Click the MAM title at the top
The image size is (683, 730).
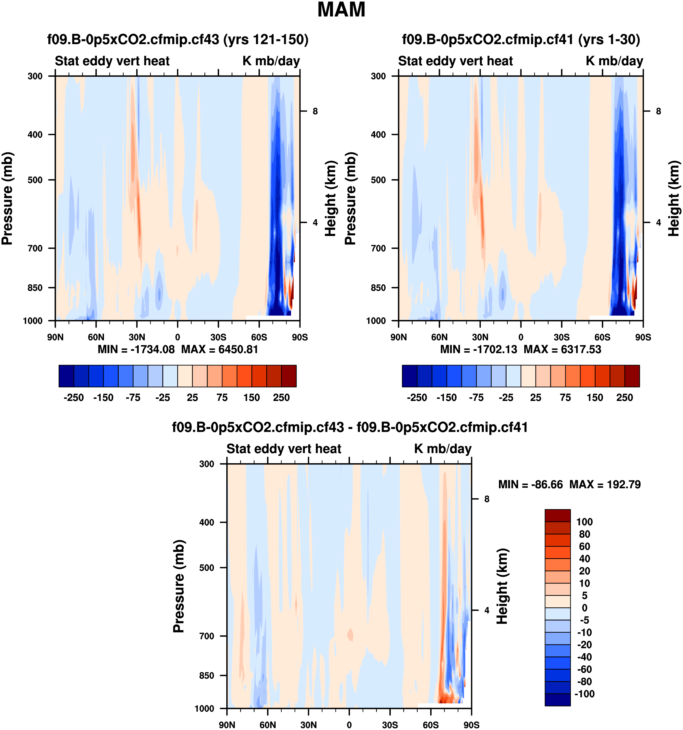coord(341,10)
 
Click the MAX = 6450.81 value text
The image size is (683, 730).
coord(220,349)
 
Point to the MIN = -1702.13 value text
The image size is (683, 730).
coord(478,349)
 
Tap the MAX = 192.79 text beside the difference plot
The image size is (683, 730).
coord(605,484)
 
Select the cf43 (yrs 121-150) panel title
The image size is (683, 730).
coord(178,39)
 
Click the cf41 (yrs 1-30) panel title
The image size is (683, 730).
coord(521,39)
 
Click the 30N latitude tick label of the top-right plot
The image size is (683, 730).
coord(480,337)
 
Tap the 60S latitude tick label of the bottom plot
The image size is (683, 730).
coord(430,725)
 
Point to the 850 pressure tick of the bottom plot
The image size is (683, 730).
coord(206,675)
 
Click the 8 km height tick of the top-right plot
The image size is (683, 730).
coord(659,111)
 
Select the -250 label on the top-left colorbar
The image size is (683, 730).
coord(73,398)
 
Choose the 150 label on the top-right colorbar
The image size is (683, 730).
coord(595,398)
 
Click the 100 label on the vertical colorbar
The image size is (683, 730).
coord(584,522)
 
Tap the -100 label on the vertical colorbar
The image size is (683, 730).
coord(584,694)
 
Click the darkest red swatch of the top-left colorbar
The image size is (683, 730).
coord(289,376)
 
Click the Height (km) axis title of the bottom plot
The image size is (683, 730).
coord(502,586)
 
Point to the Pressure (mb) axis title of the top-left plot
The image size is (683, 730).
coord(7,198)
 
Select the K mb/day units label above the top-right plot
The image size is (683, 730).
coord(614,61)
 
